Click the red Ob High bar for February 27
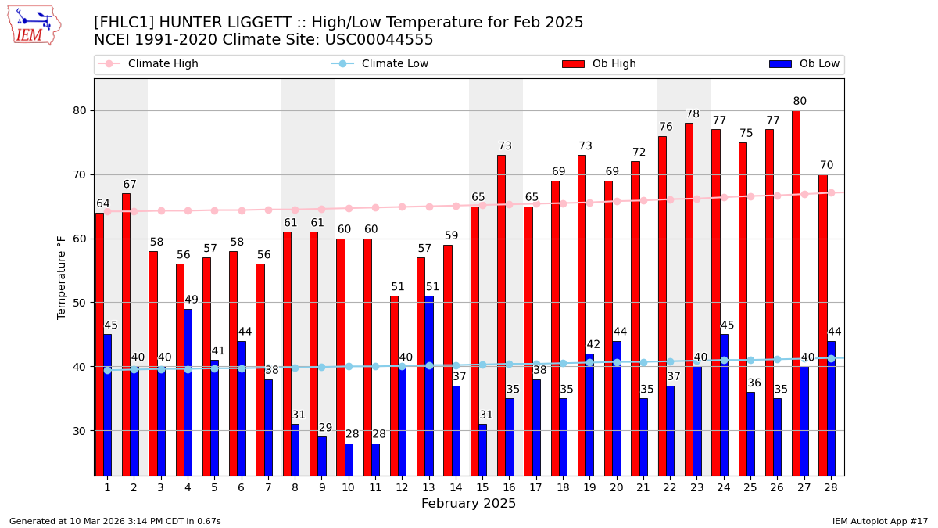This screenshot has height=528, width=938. [796, 293]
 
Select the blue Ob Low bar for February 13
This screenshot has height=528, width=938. [429, 385]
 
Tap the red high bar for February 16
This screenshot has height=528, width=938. [501, 314]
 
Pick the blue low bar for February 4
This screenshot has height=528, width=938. [188, 391]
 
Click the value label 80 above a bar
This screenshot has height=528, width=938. [800, 102]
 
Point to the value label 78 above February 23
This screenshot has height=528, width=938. [693, 114]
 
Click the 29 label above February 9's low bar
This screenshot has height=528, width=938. [325, 428]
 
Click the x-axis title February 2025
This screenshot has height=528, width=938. [468, 504]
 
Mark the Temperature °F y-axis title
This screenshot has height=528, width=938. [63, 277]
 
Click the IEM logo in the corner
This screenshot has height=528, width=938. [34, 25]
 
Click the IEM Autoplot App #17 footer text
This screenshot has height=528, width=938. [879, 521]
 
